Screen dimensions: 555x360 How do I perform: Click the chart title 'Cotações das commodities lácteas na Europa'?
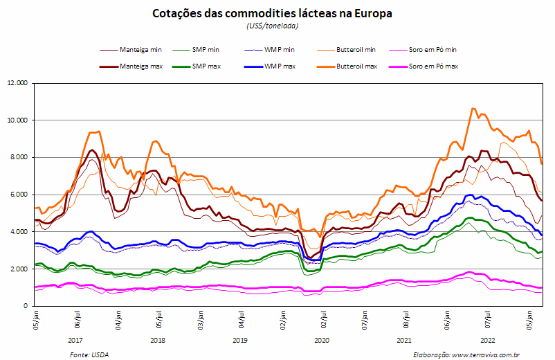coord(272,14)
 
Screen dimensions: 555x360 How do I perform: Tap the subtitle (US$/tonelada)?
coord(272,26)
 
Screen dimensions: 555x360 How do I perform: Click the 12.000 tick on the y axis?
coord(17,83)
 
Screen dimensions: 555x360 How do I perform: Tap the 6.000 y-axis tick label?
coord(17,195)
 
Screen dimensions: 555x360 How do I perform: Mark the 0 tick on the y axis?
coord(26,306)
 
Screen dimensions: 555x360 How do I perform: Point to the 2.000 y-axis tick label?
coord(17,269)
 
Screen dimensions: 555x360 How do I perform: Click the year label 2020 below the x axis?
coord(322,340)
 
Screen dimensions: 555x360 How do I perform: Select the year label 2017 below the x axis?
coord(75,340)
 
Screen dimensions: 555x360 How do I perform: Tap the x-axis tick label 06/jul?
coord(78,320)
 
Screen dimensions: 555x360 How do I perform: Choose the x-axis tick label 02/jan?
coord(283,320)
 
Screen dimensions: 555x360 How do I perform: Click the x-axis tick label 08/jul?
coord(406,320)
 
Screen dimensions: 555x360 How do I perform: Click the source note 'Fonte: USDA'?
coord(89,354)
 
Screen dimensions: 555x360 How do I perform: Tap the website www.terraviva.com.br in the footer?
coord(486,354)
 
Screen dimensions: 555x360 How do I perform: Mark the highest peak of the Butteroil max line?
coord(472,108)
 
